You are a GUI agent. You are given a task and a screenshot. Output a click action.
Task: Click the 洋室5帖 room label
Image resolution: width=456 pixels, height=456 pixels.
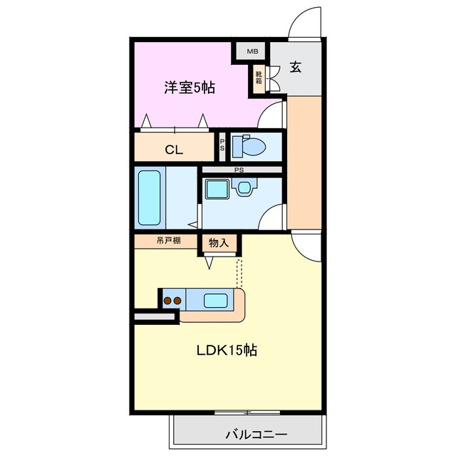click(190, 88)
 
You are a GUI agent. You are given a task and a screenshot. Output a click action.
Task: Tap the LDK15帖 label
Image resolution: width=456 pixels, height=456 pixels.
click(227, 350)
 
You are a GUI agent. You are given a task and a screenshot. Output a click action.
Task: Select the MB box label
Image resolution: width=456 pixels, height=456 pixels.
click(252, 51)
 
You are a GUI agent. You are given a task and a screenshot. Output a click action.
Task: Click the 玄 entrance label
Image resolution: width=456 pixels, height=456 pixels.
click(295, 68)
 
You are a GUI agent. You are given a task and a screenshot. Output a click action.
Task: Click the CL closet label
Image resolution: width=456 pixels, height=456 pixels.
click(174, 150)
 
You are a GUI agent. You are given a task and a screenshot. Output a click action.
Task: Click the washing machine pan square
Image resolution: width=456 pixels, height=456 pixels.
click(216, 189)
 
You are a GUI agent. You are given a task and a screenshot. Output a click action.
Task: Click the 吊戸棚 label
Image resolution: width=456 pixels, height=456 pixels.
click(168, 241)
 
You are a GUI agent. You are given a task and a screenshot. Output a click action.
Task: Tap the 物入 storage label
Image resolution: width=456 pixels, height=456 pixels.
click(218, 242)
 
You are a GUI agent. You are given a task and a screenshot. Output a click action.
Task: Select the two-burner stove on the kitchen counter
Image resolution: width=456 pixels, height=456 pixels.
click(172, 300)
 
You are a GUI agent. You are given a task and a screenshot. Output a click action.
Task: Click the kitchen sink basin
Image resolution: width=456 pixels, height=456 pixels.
click(215, 300)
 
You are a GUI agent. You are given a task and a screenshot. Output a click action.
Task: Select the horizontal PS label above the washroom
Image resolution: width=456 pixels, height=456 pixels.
click(239, 170)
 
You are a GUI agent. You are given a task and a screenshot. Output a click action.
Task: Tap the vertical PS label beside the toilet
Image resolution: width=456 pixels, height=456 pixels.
click(222, 146)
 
